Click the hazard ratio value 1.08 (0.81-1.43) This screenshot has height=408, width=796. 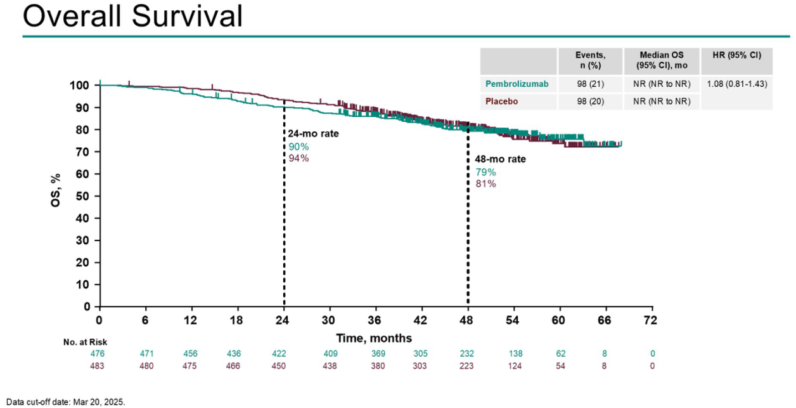point(737,84)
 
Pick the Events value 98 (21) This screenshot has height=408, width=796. point(590,84)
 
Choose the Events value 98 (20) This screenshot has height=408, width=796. point(590,101)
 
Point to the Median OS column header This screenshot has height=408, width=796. point(661,61)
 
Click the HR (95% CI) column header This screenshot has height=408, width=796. point(737,55)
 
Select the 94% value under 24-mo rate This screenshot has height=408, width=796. point(298,158)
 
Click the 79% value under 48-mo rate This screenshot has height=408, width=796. point(485,172)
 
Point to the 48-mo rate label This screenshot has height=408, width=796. point(500,159)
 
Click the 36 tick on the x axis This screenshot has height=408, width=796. point(375,320)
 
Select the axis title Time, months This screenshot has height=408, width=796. point(374,338)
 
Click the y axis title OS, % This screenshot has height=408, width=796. point(74,196)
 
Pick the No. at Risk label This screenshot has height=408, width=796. point(85,342)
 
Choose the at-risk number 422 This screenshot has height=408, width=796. point(283,353)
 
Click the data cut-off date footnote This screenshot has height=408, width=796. point(66,402)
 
